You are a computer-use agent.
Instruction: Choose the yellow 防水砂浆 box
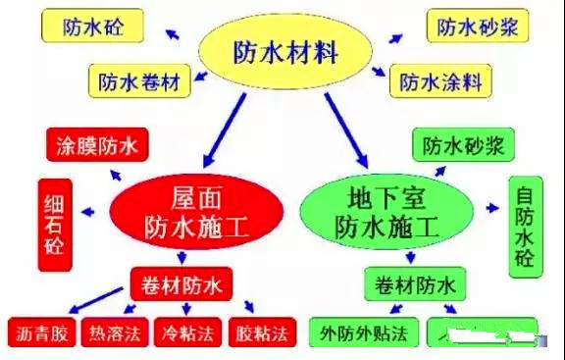(x=478, y=26)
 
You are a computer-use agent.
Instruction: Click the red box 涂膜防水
(x=97, y=146)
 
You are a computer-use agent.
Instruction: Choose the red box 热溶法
(x=113, y=333)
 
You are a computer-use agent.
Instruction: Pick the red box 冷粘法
(x=186, y=333)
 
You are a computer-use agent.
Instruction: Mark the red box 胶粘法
(x=260, y=333)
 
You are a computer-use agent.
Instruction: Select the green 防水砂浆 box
(x=463, y=146)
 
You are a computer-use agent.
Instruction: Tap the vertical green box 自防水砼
(x=525, y=226)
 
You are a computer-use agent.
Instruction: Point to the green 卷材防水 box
(x=415, y=285)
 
